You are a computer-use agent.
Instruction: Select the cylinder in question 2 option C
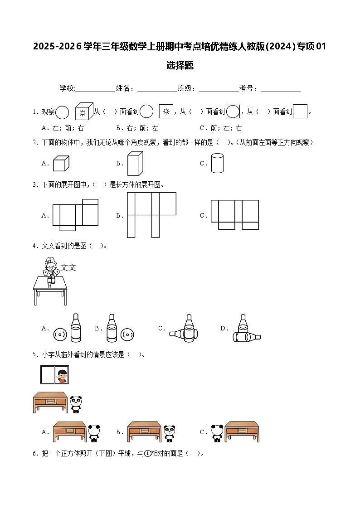click(x=217, y=163)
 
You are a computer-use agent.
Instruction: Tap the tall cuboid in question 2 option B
click(x=135, y=163)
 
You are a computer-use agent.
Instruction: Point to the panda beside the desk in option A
click(x=94, y=433)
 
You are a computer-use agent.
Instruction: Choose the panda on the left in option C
click(x=217, y=433)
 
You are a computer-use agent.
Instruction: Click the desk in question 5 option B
click(x=144, y=431)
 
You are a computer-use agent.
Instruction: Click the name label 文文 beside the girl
click(x=68, y=267)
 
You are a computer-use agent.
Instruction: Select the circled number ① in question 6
click(x=147, y=453)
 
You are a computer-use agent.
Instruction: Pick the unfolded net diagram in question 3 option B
click(x=151, y=215)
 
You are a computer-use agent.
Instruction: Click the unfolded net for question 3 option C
click(x=234, y=214)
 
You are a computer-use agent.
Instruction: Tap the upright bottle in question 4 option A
click(x=76, y=328)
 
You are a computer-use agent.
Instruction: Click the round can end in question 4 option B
click(x=127, y=335)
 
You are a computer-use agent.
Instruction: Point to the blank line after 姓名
click(x=157, y=89)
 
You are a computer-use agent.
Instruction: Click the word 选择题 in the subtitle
click(x=180, y=66)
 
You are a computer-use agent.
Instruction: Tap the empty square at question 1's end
click(x=300, y=111)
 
